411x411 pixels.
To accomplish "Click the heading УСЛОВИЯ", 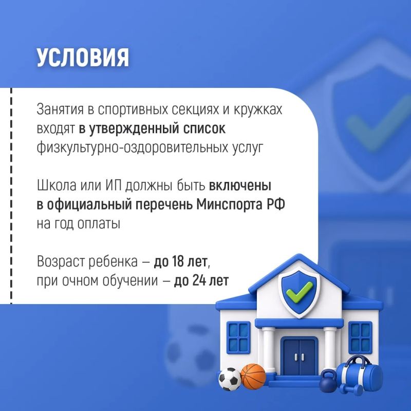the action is (x=83, y=57).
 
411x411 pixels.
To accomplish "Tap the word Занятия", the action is (x=60, y=109).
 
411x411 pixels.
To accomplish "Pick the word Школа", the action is (x=57, y=185).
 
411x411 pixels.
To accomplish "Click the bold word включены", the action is (x=240, y=185).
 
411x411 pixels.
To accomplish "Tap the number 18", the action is (x=178, y=261).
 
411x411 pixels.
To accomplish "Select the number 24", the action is (x=199, y=280).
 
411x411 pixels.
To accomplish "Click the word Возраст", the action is (x=61, y=262).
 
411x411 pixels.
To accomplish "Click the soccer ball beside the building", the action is (x=230, y=379).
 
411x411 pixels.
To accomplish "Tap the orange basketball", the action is (x=253, y=376).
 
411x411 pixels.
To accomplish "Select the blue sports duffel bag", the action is (x=360, y=373).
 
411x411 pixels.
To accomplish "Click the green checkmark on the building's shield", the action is (x=299, y=291).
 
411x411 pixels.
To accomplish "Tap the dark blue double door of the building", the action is (x=299, y=357).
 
